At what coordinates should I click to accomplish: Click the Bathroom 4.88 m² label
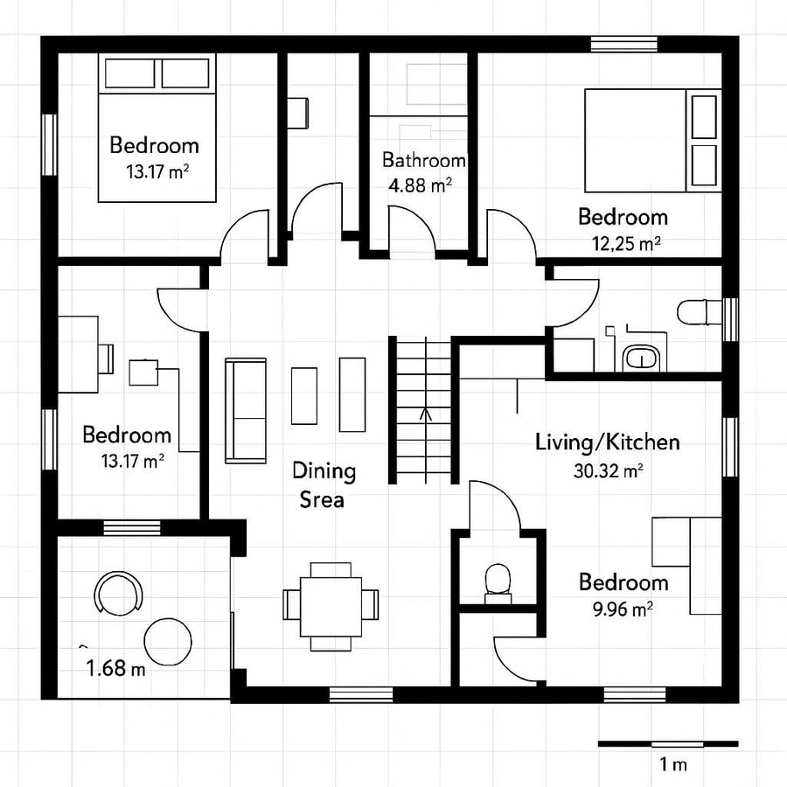(423, 171)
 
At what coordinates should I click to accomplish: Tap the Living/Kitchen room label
(607, 442)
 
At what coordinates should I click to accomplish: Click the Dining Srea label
(324, 485)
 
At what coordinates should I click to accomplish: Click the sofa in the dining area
(246, 410)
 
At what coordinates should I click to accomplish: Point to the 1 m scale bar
(667, 744)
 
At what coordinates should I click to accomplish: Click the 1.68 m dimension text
(115, 670)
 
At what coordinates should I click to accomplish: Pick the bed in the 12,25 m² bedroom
(651, 140)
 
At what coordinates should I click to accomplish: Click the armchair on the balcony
(118, 593)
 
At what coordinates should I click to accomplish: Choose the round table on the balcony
(167, 641)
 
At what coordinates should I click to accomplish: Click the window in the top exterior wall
(623, 43)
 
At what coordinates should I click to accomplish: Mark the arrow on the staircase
(426, 414)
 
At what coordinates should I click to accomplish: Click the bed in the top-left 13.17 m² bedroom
(157, 128)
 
